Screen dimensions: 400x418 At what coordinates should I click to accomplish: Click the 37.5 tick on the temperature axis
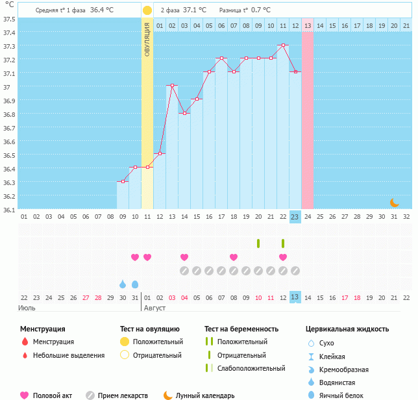click(x=9, y=19)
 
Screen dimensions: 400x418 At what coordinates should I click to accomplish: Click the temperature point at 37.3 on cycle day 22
click(x=283, y=45)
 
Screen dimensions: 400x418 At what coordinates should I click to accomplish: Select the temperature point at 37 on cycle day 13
click(x=172, y=86)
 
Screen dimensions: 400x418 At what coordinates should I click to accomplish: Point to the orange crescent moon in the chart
click(x=394, y=203)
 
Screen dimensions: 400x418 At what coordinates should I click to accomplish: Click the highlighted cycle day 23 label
click(x=295, y=217)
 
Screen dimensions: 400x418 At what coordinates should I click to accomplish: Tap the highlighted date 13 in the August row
click(x=295, y=297)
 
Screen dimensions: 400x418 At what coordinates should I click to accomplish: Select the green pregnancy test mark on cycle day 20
click(x=258, y=244)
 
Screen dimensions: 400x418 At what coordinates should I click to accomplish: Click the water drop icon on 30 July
click(x=123, y=284)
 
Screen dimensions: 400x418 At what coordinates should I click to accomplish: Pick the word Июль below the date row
click(x=27, y=308)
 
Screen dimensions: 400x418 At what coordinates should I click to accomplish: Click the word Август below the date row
click(x=155, y=308)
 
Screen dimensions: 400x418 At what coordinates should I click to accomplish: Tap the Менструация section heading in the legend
click(x=42, y=329)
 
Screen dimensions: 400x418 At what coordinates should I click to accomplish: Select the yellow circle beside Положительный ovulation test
click(x=125, y=342)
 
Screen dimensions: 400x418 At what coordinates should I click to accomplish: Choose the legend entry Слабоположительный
click(x=251, y=368)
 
